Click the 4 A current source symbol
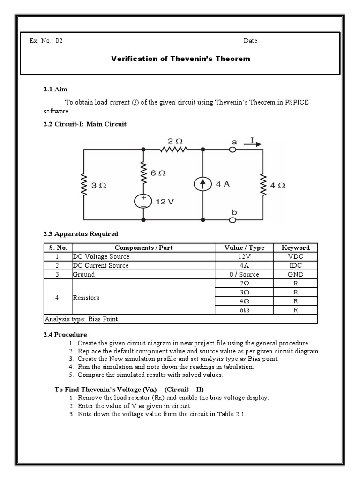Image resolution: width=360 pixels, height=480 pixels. [202, 185]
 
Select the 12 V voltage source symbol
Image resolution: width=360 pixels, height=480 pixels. [142, 201]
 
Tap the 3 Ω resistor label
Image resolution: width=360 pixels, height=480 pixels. [99, 185]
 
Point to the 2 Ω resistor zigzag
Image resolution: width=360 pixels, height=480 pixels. [173, 150]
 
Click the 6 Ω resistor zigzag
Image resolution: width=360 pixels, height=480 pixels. [142, 172]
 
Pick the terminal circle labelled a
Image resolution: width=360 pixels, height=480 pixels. [232, 150]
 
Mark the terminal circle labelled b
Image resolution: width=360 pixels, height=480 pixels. [232, 219]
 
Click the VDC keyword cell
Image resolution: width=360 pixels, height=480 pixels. [299, 256]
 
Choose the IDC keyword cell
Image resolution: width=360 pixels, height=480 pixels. [299, 265]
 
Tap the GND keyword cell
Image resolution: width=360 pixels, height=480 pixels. [299, 274]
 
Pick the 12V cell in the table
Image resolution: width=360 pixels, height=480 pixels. [244, 256]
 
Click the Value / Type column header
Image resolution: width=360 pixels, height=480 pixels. [244, 247]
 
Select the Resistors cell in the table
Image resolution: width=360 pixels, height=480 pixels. [86, 297]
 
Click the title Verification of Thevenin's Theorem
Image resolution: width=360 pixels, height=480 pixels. [180, 59]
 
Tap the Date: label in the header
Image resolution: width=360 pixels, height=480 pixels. [251, 41]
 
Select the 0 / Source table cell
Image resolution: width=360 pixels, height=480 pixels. [244, 274]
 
